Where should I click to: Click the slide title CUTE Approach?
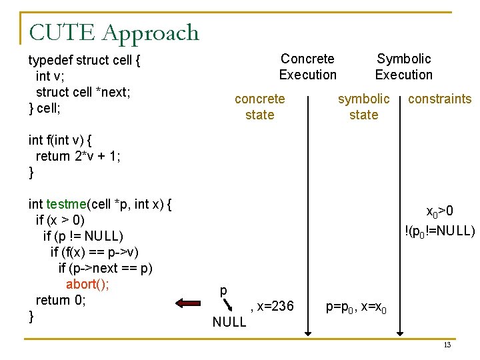[114, 32]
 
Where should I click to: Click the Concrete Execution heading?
[307, 67]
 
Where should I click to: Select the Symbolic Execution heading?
[403, 67]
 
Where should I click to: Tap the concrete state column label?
[259, 107]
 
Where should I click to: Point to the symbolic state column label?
[363, 107]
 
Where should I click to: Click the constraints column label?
[439, 99]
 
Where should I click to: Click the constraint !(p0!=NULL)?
[439, 231]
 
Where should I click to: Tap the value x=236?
[271, 307]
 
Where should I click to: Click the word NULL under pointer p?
[229, 323]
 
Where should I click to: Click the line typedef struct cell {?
[85, 60]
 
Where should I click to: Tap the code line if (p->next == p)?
[105, 268]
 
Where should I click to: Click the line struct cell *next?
[83, 92]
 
